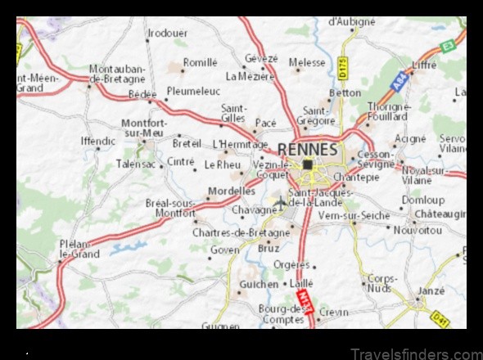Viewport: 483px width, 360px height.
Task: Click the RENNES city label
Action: pyautogui.click(x=307, y=149)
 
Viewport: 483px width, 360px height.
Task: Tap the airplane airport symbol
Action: pyautogui.click(x=280, y=202)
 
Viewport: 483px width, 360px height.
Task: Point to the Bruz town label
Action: pyautogui.click(x=268, y=247)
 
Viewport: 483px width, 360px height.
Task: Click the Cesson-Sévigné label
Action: pyautogui.click(x=376, y=159)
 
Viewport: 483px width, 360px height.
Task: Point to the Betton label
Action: pyautogui.click(x=345, y=93)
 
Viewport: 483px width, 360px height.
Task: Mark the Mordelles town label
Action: pyautogui.click(x=232, y=191)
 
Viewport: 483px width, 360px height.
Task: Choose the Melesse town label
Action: pyautogui.click(x=307, y=62)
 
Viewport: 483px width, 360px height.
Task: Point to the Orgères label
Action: pyautogui.click(x=291, y=265)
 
